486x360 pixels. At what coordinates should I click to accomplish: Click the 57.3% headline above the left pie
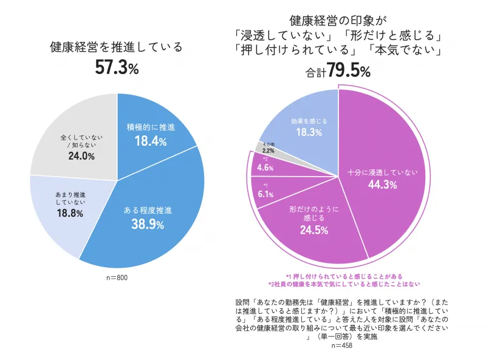tap(117, 68)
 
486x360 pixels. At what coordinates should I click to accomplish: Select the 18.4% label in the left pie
tap(150, 141)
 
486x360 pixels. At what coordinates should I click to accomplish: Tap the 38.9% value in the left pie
tap(148, 225)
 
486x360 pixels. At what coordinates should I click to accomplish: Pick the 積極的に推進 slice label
tap(150, 127)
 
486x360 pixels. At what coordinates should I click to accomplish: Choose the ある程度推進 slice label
tap(148, 211)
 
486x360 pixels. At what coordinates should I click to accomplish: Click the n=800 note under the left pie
tap(117, 277)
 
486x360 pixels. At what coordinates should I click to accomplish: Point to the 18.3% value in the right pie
tap(309, 132)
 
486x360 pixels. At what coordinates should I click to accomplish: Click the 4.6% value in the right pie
tap(265, 168)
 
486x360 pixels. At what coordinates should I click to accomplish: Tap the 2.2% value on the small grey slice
tap(269, 151)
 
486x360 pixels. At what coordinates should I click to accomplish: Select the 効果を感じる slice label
tap(309, 121)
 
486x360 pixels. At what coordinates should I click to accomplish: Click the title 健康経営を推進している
tap(117, 47)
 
